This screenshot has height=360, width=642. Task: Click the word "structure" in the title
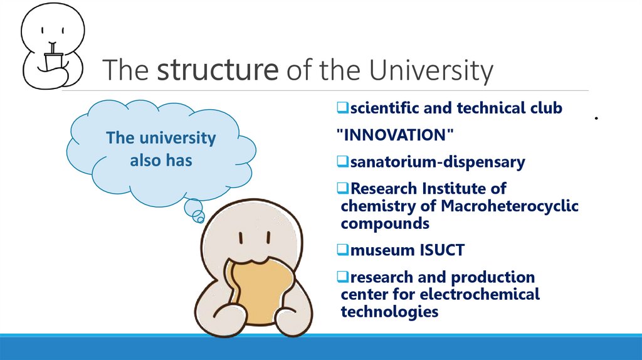tap(217, 71)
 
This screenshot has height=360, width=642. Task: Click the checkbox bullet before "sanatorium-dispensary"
tap(343, 162)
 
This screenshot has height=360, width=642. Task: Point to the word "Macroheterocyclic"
tap(510, 206)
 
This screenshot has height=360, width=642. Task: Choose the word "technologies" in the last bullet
tap(389, 311)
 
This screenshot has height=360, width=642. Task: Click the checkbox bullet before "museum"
tap(343, 251)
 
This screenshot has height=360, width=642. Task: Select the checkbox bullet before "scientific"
tap(343, 109)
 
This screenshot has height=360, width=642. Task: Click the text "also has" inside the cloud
tap(160, 161)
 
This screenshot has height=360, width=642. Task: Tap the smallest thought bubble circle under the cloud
tap(200, 219)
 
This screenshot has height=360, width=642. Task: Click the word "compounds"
tap(385, 223)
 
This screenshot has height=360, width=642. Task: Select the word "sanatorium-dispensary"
tap(437, 162)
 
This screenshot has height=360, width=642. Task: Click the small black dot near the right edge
tap(597, 118)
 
